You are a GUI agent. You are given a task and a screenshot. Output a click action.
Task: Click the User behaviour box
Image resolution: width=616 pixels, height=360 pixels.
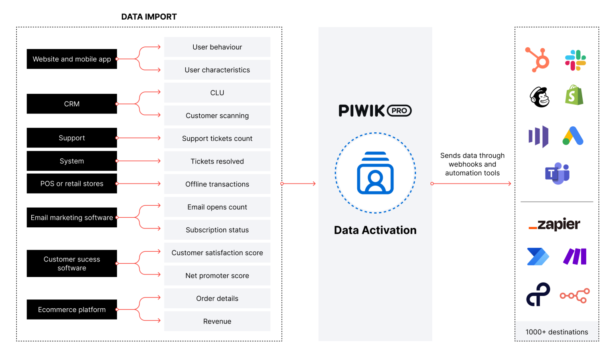tap(217, 47)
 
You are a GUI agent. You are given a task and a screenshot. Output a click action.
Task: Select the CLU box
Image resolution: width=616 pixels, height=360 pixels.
tap(217, 93)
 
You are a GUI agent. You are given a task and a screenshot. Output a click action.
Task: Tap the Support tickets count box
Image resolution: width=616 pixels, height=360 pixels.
tap(217, 138)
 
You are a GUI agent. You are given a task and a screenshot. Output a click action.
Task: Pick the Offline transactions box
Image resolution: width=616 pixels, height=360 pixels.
tap(217, 184)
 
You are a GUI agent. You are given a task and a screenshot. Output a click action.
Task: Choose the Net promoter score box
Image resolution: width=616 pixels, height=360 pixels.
tap(217, 275)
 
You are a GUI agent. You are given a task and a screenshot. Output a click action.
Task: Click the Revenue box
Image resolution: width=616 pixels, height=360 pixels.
tap(217, 321)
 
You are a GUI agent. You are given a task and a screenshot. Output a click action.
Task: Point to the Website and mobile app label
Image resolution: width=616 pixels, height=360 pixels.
tap(72, 59)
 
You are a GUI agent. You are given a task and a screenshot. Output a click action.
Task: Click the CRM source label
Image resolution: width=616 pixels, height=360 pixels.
tap(72, 104)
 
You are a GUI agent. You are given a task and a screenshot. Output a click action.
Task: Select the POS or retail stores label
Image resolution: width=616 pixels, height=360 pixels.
tap(72, 184)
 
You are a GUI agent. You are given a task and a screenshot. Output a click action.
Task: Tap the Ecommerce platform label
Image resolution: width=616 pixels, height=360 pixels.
tap(72, 309)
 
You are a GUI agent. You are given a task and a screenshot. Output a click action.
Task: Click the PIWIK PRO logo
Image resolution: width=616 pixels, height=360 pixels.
tap(375, 111)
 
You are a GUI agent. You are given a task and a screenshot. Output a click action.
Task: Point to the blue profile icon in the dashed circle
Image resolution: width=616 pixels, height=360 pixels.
tap(375, 173)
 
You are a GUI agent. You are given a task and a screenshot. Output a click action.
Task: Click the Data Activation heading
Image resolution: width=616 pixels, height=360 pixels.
tap(375, 230)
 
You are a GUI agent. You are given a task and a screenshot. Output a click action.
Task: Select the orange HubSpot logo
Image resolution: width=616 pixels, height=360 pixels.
tap(538, 60)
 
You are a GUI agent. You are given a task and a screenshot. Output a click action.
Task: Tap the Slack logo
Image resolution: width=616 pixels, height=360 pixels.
tap(575, 60)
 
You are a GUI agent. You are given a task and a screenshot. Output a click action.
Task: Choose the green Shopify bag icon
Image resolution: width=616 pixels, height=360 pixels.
tap(574, 95)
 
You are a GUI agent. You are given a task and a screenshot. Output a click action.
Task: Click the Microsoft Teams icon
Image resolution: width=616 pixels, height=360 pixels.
tap(557, 173)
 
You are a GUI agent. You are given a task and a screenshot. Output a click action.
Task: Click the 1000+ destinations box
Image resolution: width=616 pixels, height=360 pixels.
tap(557, 332)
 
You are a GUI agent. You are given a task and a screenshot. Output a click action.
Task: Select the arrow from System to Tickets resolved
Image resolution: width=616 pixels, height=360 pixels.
tap(138, 161)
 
